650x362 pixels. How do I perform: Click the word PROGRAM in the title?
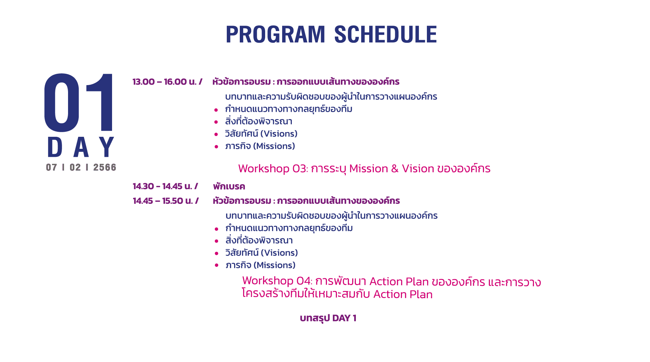tap(275, 34)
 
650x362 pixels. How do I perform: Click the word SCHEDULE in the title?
tap(385, 34)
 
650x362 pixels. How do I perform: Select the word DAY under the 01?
tap(81, 147)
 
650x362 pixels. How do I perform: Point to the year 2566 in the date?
tap(105, 167)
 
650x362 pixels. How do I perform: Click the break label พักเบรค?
tap(229, 187)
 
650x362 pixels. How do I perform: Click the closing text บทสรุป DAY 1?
tap(328, 318)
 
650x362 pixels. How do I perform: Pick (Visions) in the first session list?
tap(279, 134)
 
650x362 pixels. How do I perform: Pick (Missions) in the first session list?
tap(274, 146)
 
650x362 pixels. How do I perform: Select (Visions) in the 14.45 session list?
tap(279, 253)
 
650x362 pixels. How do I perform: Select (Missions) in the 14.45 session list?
tap(274, 265)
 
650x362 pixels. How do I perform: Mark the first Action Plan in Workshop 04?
tap(399, 282)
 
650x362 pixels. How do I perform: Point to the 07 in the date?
tap(51, 167)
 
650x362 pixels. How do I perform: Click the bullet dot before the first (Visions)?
tap(216, 134)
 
